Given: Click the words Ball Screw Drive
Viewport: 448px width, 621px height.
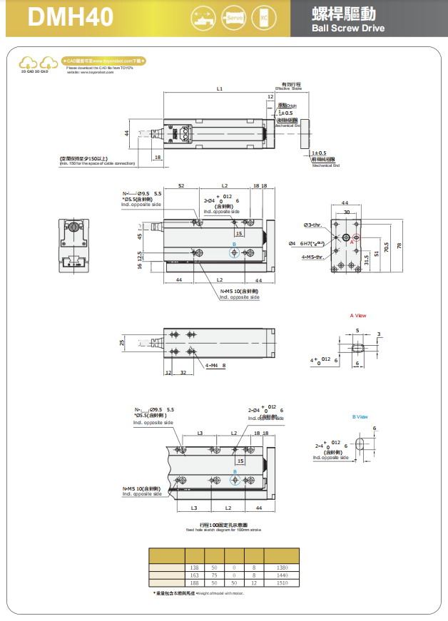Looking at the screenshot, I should (348, 29).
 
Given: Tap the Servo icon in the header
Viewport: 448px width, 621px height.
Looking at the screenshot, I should (233, 18).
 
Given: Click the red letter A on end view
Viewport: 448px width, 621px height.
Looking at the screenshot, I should (351, 242).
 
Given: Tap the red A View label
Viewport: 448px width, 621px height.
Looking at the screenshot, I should (357, 315).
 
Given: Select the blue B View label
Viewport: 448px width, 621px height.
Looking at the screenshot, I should (360, 416).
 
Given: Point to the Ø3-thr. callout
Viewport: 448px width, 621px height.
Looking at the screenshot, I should (313, 225).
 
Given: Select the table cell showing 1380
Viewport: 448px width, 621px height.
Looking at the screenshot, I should (282, 566).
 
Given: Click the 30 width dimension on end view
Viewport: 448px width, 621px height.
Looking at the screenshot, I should (347, 212).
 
